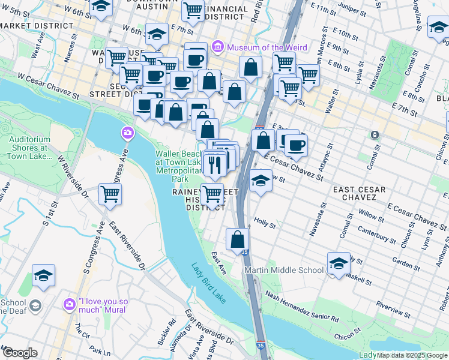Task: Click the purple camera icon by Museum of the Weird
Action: pos(217,46)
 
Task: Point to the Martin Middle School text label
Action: pos(284,270)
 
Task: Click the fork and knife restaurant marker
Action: pos(214,163)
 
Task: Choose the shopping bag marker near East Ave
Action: pos(238,239)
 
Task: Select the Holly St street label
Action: pos(264,226)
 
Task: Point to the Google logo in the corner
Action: pos(19,353)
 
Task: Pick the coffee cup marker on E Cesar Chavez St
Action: pos(295,145)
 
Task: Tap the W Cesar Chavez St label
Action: pos(49,86)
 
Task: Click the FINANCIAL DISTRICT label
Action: pos(226,13)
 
